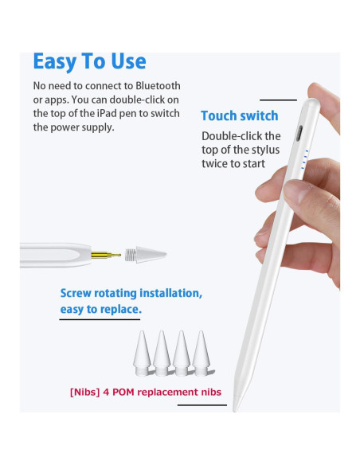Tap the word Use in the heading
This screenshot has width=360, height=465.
pyautogui.click(x=128, y=61)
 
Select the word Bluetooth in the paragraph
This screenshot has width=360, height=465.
pyautogui.click(x=158, y=86)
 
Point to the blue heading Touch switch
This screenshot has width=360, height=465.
pyautogui.click(x=240, y=115)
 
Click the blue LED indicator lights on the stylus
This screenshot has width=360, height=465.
pyautogui.click(x=305, y=159)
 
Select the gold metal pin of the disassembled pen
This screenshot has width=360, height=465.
pyautogui.click(x=106, y=255)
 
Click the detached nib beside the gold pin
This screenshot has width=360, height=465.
pyautogui.click(x=146, y=255)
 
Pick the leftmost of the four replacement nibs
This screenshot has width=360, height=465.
pyautogui.click(x=143, y=353)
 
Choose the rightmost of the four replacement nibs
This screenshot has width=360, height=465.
pyautogui.click(x=202, y=353)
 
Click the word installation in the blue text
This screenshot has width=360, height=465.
pyautogui.click(x=170, y=293)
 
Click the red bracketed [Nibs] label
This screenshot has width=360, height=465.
pyautogui.click(x=84, y=392)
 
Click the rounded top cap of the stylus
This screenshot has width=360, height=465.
pyautogui.click(x=311, y=104)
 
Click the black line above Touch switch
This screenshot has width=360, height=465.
pyautogui.click(x=278, y=100)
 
